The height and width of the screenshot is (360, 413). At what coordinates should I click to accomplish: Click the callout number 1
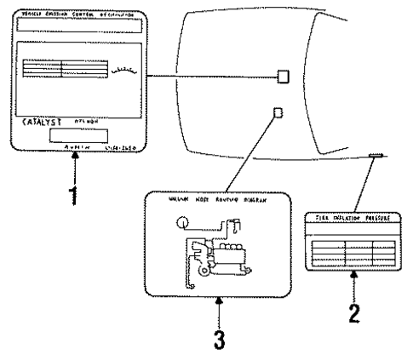[x=74, y=194]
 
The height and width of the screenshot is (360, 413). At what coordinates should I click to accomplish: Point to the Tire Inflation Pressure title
[x=353, y=219]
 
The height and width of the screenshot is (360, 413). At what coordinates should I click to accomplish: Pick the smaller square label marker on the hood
[x=275, y=111]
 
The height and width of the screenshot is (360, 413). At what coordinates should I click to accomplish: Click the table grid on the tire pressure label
[x=353, y=250]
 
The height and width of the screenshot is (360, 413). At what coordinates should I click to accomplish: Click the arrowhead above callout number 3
[x=220, y=299]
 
